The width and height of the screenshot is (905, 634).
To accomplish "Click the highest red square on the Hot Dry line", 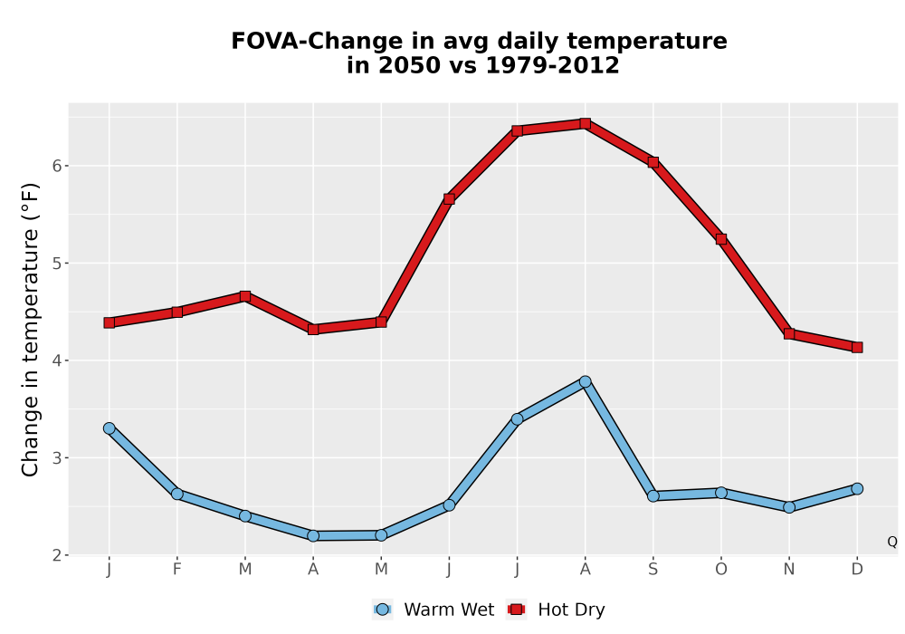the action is coord(585,123).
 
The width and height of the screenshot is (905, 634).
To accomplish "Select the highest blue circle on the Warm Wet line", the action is coord(585,381).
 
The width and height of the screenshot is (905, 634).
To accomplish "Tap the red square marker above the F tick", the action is coord(177,312).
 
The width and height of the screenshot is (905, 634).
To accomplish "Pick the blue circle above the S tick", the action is coord(653,496).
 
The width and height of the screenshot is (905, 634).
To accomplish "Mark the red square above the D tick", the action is coord(857,347).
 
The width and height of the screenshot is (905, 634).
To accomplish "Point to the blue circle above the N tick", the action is coord(789,507).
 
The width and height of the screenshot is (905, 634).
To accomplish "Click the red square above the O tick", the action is coord(721,239).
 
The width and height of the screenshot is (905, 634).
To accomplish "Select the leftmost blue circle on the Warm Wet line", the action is coord(110,428).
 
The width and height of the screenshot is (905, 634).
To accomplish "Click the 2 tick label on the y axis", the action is coord(56,555).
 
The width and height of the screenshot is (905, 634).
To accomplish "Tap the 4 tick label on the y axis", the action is coord(56,360).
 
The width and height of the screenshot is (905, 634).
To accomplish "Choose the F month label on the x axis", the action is coord(177,570).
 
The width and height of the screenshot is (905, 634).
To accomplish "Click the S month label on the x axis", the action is coord(653,570).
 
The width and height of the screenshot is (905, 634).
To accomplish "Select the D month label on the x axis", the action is coord(857,570).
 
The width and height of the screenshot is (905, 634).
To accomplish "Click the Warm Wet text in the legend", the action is coord(449,610).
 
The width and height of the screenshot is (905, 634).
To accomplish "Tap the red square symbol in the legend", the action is coord(517,610).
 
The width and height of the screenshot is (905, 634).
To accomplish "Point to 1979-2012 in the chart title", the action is coord(552,65).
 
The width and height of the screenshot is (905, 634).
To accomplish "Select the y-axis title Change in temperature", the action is coord(30,330).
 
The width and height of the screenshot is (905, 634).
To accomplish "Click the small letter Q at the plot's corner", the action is coord(892,542).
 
